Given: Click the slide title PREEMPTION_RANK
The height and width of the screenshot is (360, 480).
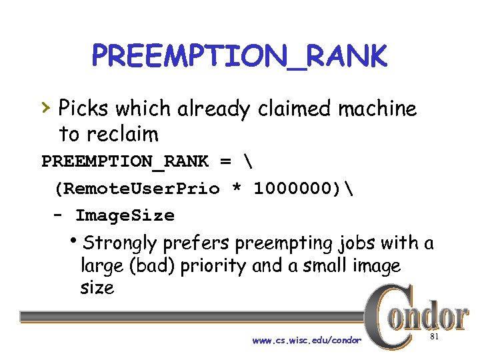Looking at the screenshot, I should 239,57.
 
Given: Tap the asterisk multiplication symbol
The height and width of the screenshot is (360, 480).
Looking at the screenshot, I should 236,190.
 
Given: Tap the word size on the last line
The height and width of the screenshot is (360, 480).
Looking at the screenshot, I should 97,288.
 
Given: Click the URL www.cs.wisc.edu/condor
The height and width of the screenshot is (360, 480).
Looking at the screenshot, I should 307,341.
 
